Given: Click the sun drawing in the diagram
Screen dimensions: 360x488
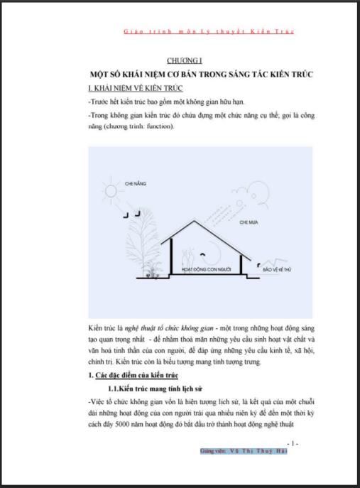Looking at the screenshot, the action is (110, 192).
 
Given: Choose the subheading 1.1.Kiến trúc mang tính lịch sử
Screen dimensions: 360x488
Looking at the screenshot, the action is (165, 389).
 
